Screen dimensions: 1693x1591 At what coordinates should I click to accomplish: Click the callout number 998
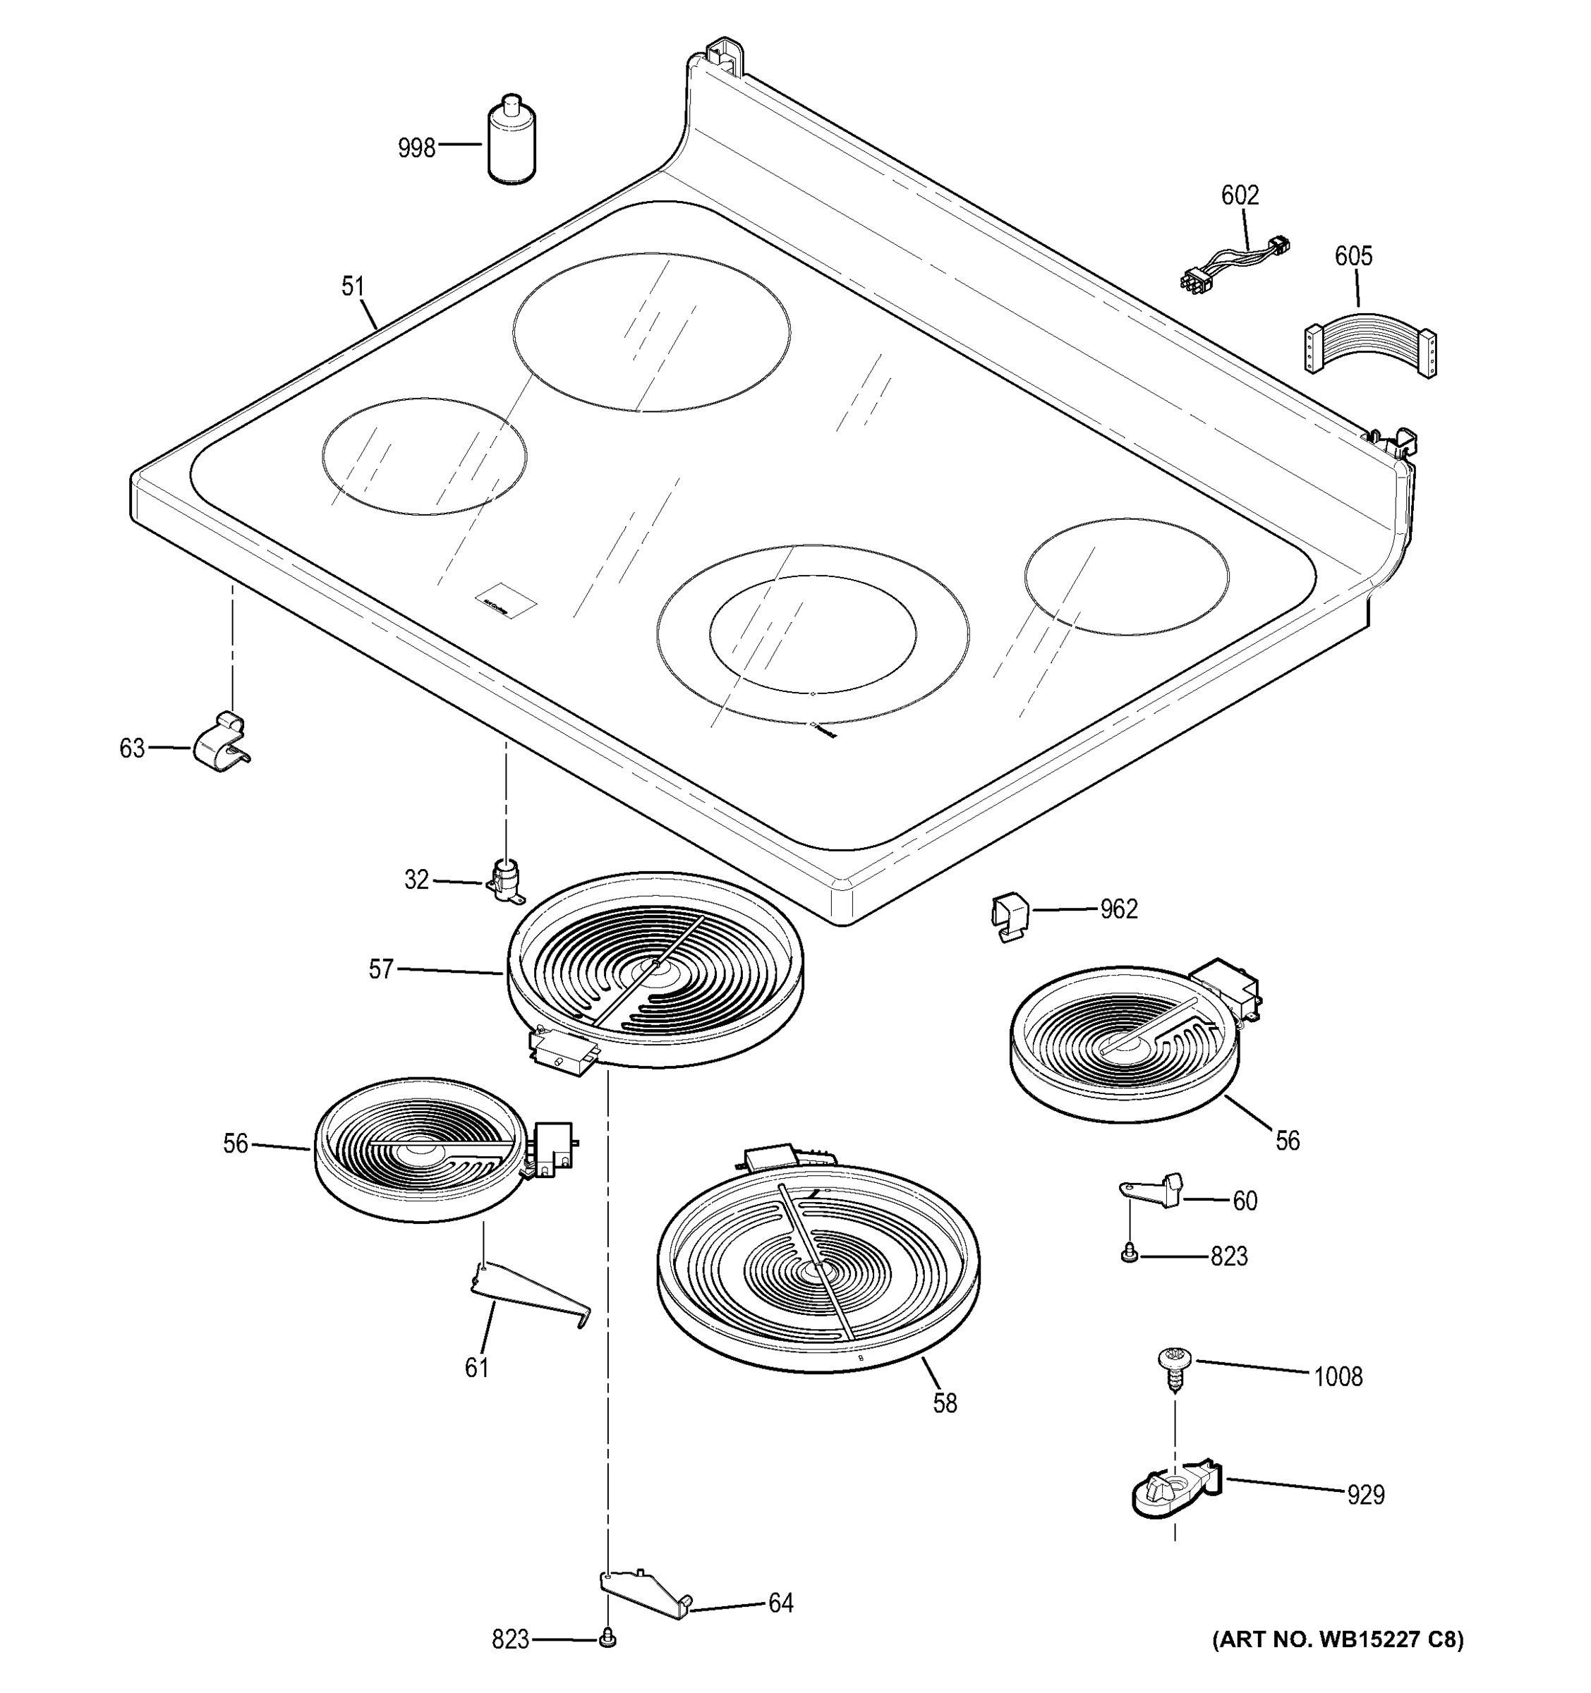[416, 148]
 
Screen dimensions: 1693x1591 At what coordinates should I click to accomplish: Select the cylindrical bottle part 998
[512, 141]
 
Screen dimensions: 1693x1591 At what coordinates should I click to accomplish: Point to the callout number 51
[353, 286]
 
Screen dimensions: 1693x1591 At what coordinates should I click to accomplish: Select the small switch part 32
[507, 880]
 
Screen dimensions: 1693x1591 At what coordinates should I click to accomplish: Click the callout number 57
[381, 969]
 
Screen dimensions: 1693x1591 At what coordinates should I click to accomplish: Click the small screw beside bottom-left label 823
[607, 1638]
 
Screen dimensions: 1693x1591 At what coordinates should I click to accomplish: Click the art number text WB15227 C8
[1337, 1639]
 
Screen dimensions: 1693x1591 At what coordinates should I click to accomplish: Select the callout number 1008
[1337, 1376]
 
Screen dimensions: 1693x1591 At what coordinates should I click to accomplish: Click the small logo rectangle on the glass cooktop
[506, 600]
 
